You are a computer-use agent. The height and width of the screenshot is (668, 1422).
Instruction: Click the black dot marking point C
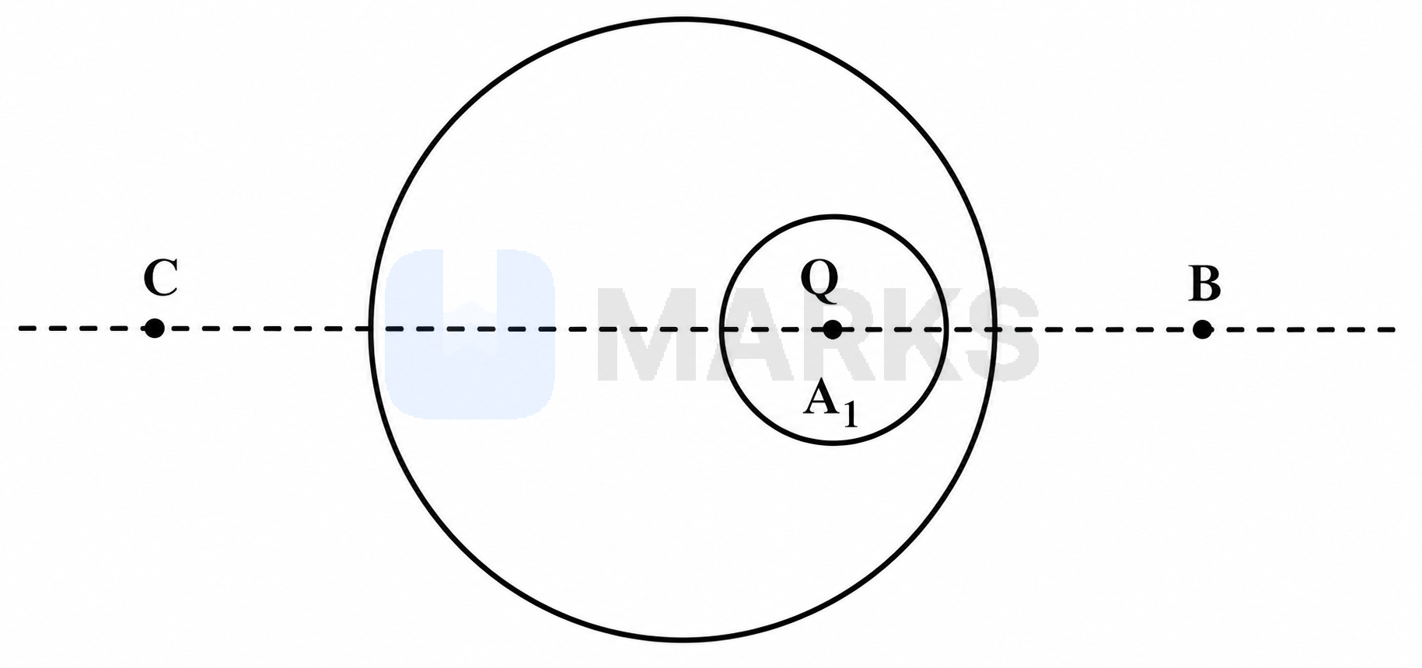154,329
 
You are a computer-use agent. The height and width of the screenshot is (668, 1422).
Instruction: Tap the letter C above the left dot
161,278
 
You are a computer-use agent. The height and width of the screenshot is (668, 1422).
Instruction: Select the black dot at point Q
832,329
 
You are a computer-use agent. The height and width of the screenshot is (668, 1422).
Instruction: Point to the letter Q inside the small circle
819,282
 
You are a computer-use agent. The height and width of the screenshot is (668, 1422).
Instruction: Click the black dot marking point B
1202,329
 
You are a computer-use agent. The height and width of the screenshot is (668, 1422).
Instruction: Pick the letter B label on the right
1205,284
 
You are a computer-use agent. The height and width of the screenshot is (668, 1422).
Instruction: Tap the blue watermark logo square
470,334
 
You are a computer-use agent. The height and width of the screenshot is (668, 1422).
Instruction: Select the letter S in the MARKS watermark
999,335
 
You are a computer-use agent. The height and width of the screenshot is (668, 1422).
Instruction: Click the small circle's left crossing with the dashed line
721,329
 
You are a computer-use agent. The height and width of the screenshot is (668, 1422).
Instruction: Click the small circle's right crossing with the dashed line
945,329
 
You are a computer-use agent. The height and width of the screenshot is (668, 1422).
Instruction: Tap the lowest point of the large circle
682,640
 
